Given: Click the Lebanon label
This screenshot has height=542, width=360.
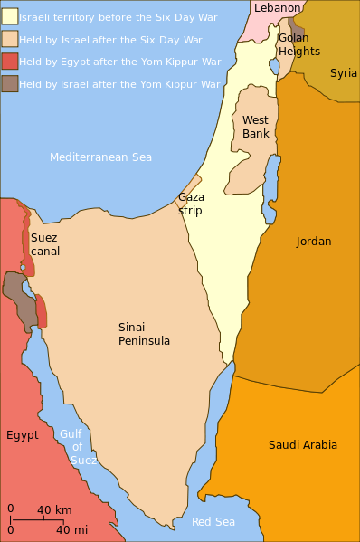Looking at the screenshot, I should pyautogui.click(x=277, y=8).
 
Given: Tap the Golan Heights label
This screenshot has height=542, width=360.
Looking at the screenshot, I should pyautogui.click(x=298, y=44).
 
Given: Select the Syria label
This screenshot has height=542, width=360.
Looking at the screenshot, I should pyautogui.click(x=344, y=73).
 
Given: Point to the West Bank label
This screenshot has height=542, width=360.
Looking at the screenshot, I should pyautogui.click(x=256, y=127).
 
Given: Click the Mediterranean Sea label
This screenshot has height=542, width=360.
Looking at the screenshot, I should pyautogui.click(x=100, y=157).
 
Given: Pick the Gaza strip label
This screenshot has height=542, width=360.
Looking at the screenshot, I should pyautogui.click(x=191, y=204).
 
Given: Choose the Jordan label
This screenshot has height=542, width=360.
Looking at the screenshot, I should pyautogui.click(x=314, y=242).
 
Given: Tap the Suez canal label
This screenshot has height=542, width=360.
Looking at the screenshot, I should pyautogui.click(x=45, y=244).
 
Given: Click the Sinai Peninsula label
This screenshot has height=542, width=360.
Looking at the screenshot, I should pyautogui.click(x=145, y=334).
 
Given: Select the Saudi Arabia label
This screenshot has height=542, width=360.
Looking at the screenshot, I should pyautogui.click(x=303, y=444).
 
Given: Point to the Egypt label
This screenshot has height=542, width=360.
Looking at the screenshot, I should pyautogui.click(x=23, y=435).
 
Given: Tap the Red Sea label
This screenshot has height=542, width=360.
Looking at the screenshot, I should pyautogui.click(x=213, y=522).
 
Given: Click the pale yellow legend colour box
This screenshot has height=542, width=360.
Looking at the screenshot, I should pyautogui.click(x=9, y=16).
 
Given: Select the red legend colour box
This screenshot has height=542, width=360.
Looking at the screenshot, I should pyautogui.click(x=9, y=62).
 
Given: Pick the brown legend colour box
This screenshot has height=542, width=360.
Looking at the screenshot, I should pyautogui.click(x=9, y=84).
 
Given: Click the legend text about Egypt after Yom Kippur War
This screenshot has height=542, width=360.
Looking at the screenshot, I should pyautogui.click(x=120, y=62).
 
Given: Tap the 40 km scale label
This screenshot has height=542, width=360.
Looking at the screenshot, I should pyautogui.click(x=54, y=510).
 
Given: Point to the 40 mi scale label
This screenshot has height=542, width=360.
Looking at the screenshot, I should pyautogui.click(x=71, y=530).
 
